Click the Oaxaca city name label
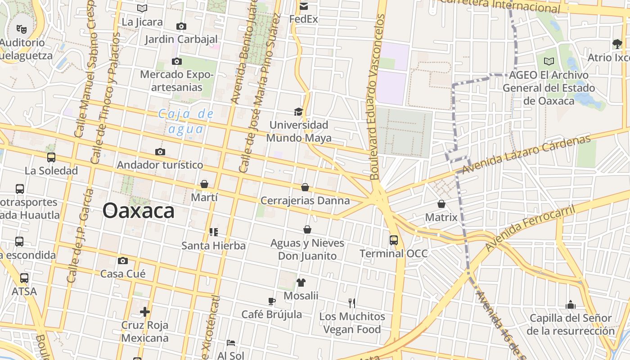point(138,211)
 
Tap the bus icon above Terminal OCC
point(394,240)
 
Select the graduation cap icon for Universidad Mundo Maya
point(298,112)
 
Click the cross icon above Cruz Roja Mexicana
point(144,312)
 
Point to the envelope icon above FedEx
point(304,6)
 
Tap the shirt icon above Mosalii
point(301,283)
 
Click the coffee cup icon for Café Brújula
point(271,301)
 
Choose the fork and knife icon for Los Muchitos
point(352,303)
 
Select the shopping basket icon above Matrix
point(441,204)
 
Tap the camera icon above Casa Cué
point(122,261)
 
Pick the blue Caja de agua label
point(186,121)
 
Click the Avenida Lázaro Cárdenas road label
point(526,154)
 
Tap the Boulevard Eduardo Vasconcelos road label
point(378,97)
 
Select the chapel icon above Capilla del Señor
point(571,305)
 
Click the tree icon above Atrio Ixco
point(617,44)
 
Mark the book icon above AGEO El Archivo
point(549,61)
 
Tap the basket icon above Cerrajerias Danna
point(305,187)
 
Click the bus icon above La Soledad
point(51,157)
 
